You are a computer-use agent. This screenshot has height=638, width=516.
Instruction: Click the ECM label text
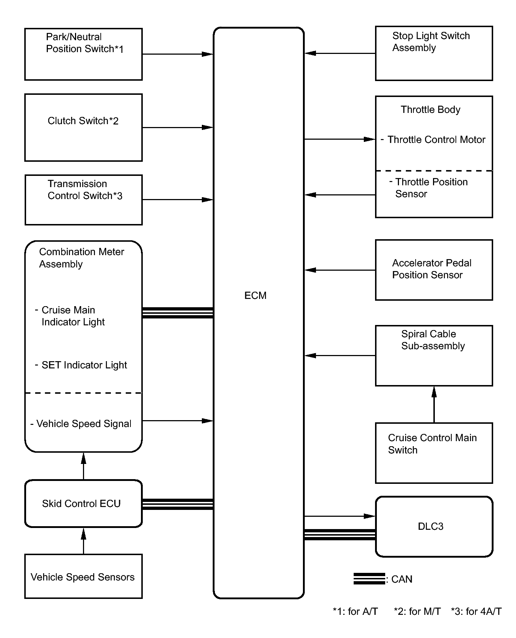[x=255, y=296]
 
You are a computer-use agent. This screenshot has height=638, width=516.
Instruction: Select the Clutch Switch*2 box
[x=83, y=127]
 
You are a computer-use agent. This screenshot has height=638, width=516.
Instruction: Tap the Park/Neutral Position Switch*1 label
[x=85, y=43]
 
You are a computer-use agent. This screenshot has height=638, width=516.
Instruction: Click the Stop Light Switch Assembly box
[x=434, y=53]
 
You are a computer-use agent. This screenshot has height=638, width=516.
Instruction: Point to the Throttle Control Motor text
[x=436, y=140]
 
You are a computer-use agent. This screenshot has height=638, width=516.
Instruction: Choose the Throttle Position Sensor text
[x=431, y=188]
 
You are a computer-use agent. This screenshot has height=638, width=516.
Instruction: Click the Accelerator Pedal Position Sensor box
[x=434, y=270]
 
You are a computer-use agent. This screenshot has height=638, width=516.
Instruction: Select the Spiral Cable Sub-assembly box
[x=434, y=356]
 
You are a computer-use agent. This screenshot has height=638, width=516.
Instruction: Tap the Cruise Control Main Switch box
[x=434, y=453]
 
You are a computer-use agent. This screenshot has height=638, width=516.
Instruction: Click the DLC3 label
[x=430, y=526]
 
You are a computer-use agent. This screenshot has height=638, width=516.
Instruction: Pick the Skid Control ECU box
[x=83, y=503]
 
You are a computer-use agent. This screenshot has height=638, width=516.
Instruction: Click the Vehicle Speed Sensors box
[x=83, y=576]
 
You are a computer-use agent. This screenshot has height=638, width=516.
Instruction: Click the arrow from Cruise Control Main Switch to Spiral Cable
[x=434, y=404]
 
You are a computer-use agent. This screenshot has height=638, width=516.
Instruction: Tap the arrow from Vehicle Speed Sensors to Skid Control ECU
[x=84, y=541]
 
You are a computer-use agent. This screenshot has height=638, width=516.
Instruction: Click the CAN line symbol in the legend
[x=369, y=579]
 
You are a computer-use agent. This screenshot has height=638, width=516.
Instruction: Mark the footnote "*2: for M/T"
[x=417, y=611]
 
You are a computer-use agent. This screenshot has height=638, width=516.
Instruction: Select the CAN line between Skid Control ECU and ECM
[x=178, y=504]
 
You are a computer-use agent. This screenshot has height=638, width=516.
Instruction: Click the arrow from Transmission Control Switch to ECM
[x=178, y=199]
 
